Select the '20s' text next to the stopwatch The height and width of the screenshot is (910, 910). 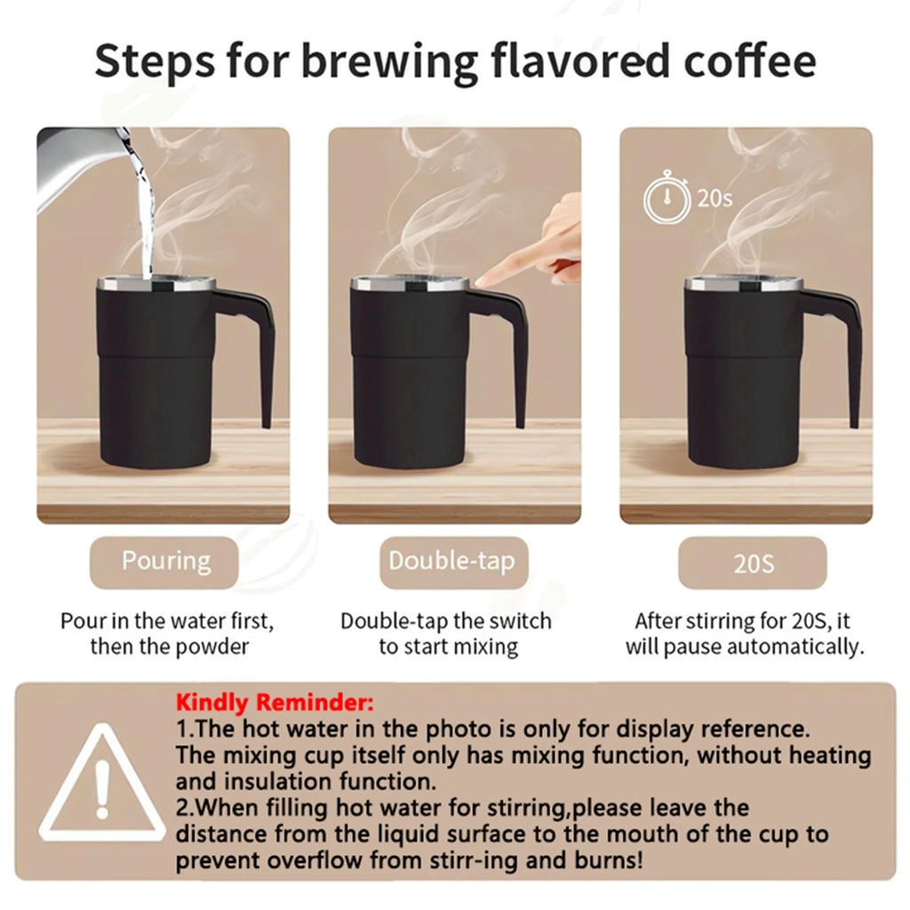[x=714, y=197]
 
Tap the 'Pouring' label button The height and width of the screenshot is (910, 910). [x=165, y=562]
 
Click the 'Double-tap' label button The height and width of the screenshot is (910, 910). [x=451, y=562]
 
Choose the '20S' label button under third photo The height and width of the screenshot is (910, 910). [x=753, y=563]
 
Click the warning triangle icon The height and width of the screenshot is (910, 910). [x=100, y=783]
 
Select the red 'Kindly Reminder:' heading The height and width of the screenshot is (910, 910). [x=275, y=702]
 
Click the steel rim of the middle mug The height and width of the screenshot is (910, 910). [x=411, y=284]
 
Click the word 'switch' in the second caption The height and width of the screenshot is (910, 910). [x=521, y=620]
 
